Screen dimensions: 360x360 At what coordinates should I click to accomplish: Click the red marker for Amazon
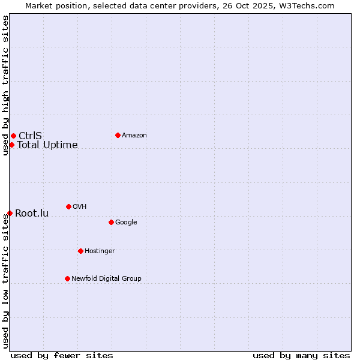pyautogui.click(x=118, y=135)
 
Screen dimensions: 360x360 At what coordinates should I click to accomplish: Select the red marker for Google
pyautogui.click(x=111, y=222)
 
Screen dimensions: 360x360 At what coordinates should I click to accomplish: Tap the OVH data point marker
pyautogui.click(x=68, y=206)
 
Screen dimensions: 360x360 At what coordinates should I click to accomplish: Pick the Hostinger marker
pyautogui.click(x=80, y=251)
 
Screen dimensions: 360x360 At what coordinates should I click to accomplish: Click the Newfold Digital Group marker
pyautogui.click(x=67, y=278)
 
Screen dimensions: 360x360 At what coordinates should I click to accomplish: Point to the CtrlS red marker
pyautogui.click(x=13, y=136)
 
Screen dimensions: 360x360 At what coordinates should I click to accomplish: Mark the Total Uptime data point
pyautogui.click(x=11, y=145)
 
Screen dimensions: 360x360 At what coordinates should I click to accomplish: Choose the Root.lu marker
pyautogui.click(x=10, y=213)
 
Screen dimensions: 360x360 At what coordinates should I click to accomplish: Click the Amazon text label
pyautogui.click(x=134, y=136)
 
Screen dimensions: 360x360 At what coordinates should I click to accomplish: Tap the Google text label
pyautogui.click(x=126, y=223)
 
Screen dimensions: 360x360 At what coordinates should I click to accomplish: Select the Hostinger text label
pyautogui.click(x=100, y=251)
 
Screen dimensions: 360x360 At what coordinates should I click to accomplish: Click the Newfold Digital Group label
pyautogui.click(x=106, y=279)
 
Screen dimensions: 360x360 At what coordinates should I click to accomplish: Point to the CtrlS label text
pyautogui.click(x=30, y=136)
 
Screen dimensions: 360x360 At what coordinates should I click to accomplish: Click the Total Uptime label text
pyautogui.click(x=47, y=145)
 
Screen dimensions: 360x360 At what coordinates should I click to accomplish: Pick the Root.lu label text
pyautogui.click(x=32, y=214)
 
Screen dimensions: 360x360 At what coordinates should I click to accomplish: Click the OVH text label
pyautogui.click(x=80, y=207)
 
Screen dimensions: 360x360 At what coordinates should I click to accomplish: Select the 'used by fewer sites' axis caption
pyautogui.click(x=62, y=355)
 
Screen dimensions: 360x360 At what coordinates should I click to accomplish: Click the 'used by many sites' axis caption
pyautogui.click(x=301, y=355)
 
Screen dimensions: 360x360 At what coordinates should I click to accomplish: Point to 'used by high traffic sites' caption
pyautogui.click(x=5, y=85)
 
